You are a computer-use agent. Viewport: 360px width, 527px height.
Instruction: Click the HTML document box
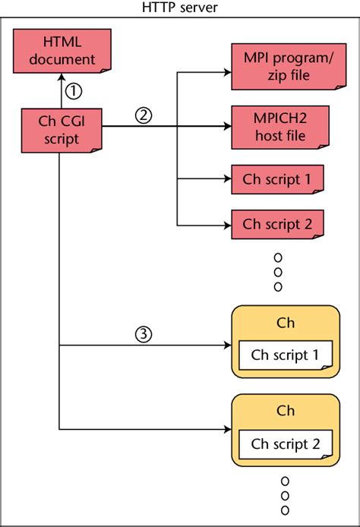(x=59, y=51)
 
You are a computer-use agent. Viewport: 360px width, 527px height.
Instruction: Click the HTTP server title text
(x=180, y=8)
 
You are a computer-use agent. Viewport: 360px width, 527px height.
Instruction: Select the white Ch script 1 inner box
(x=285, y=355)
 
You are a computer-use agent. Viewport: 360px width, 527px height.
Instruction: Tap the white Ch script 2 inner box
(x=285, y=443)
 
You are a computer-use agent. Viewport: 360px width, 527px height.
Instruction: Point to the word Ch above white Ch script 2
(x=285, y=411)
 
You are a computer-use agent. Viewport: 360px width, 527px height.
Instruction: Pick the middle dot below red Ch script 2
(x=278, y=271)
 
